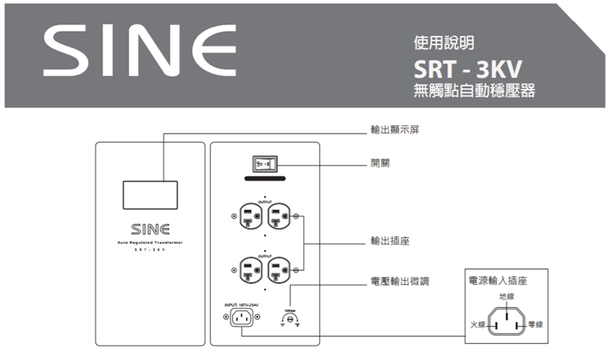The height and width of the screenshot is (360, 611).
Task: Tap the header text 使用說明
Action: click(x=443, y=41)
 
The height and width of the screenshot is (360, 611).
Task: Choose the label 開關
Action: click(x=380, y=163)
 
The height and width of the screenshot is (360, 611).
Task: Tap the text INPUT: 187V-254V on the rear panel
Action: click(x=240, y=305)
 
